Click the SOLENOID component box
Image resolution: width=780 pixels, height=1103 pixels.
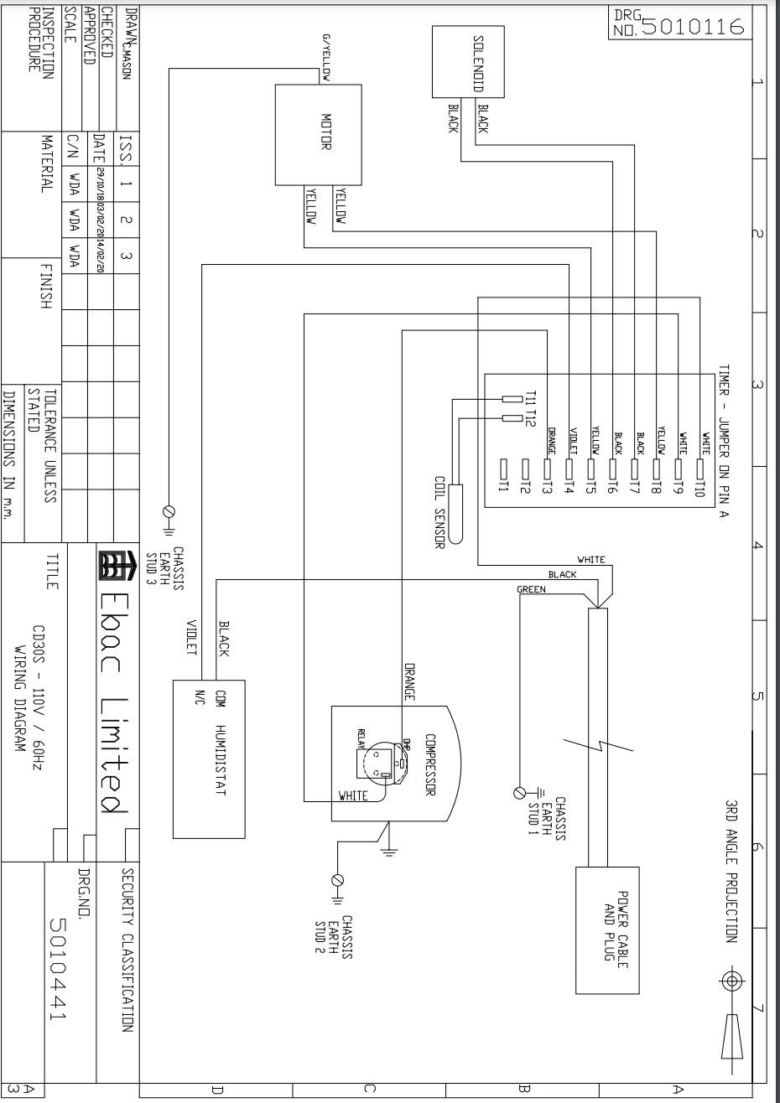click(465, 61)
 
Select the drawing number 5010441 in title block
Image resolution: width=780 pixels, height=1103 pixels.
click(58, 969)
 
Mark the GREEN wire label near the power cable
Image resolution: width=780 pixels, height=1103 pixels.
click(531, 590)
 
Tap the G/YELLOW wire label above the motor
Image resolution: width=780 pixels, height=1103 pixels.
click(325, 59)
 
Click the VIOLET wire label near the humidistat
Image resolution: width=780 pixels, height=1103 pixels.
click(191, 638)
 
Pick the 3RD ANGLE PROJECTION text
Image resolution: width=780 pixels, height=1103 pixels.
click(731, 871)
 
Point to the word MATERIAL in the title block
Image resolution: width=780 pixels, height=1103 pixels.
click(48, 163)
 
